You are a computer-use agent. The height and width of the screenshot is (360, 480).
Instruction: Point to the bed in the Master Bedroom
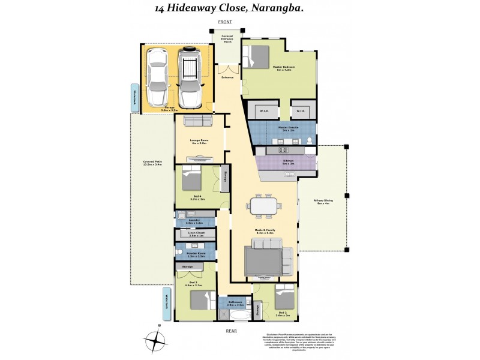pos(256,56)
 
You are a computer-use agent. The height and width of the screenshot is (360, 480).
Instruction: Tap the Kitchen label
pos(287,161)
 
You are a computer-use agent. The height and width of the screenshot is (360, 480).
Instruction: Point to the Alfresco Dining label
pos(324,202)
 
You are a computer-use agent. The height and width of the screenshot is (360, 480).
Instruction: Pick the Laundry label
pos(193,221)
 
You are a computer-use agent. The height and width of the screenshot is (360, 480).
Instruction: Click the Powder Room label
pos(193,255)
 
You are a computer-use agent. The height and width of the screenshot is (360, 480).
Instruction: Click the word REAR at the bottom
pos(232,331)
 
